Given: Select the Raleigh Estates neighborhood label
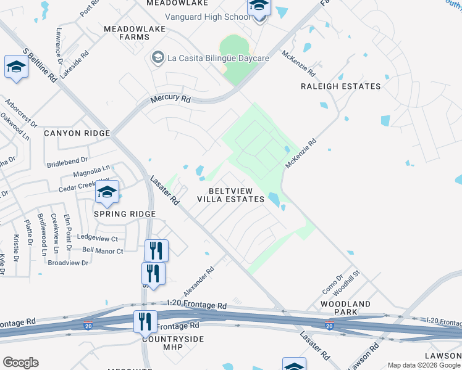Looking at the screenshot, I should click(340, 86).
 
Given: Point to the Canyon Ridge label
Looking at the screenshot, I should click(77, 133).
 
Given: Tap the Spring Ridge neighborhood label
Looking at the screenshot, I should click(124, 214).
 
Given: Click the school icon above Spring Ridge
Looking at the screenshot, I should click(107, 193).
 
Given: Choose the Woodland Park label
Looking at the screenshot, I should click(345, 309).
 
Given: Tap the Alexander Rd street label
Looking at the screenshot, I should click(199, 281).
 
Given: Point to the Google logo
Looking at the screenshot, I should click(20, 363).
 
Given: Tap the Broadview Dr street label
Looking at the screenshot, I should click(68, 263).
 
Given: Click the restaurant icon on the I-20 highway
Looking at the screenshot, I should click(145, 321).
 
